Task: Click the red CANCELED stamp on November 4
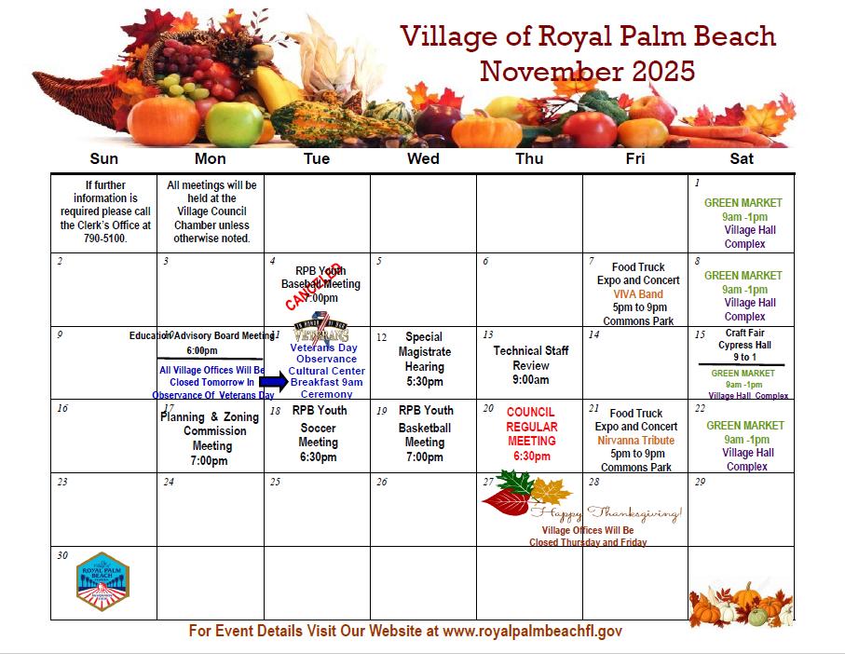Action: [x=314, y=286]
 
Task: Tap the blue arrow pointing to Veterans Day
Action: [x=274, y=381]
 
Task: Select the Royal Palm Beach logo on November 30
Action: [x=102, y=582]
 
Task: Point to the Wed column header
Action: [x=423, y=159]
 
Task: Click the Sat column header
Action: [x=742, y=159]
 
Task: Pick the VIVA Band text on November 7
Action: [x=638, y=294]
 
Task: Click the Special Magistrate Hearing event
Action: [x=424, y=359]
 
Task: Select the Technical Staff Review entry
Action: [x=530, y=365]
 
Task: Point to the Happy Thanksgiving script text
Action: [x=606, y=514]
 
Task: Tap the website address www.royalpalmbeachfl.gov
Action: [x=532, y=632]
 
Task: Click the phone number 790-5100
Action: [x=104, y=239]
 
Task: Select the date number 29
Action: [x=701, y=482]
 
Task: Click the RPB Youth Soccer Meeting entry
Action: [x=318, y=434]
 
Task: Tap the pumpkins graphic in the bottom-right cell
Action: [x=742, y=604]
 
